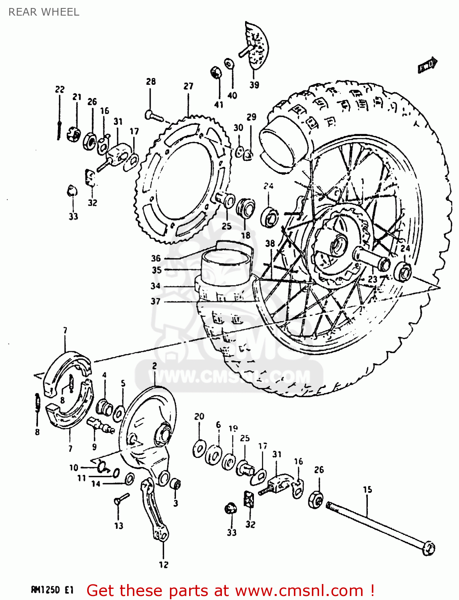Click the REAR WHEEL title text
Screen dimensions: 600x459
click(x=44, y=12)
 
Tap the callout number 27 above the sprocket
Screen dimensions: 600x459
click(x=188, y=86)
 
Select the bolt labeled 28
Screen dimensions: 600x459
click(x=154, y=116)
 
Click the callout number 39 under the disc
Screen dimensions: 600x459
click(x=254, y=85)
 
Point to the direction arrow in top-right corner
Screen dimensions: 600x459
click(x=427, y=65)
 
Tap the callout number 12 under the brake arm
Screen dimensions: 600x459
click(x=164, y=565)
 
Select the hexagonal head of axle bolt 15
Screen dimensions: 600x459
click(x=428, y=548)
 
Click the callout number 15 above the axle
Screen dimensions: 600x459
click(x=367, y=489)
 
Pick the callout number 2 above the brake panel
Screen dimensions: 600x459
click(x=154, y=366)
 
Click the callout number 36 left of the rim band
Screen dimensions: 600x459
click(x=156, y=258)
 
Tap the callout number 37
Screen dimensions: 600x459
click(x=156, y=301)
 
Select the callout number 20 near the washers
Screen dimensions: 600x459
click(x=199, y=416)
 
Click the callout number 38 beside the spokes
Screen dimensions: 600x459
click(x=270, y=243)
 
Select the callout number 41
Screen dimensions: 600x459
click(x=219, y=105)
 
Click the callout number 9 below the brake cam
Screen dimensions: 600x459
click(x=94, y=447)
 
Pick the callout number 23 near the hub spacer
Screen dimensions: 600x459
click(x=373, y=279)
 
